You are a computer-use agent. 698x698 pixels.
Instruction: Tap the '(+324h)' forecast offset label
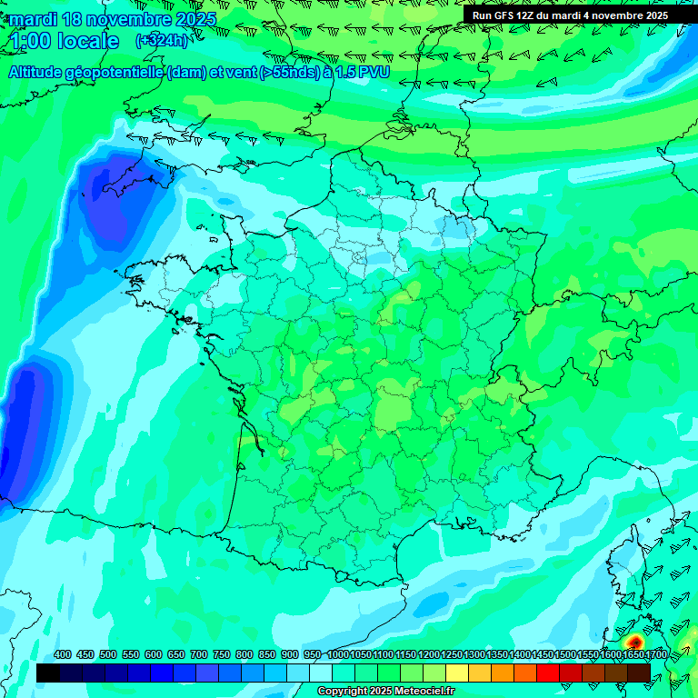[162, 41]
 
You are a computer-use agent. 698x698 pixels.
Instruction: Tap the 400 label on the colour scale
[63, 655]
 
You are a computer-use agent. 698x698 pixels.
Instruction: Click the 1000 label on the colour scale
[338, 655]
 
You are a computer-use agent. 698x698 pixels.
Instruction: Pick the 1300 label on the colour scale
[474, 655]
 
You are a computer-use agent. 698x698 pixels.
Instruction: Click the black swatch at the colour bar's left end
[48, 673]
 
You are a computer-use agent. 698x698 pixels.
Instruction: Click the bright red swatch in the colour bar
[548, 673]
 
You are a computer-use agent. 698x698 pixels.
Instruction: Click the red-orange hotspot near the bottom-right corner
[634, 643]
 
